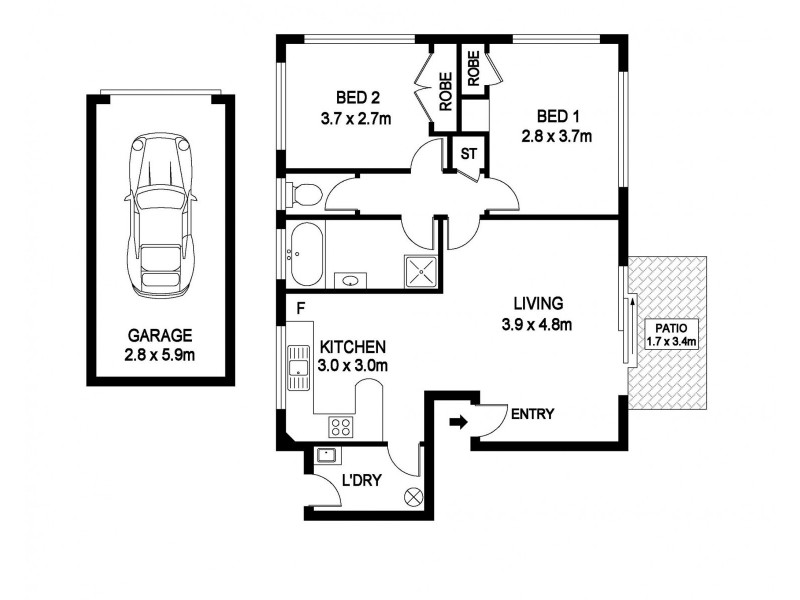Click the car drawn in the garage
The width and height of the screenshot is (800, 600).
point(160,214)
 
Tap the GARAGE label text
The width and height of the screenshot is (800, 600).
point(160,336)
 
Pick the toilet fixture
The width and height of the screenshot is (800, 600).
point(301,193)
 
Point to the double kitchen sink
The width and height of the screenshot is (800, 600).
point(297,366)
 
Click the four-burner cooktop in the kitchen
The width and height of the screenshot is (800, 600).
point(340,427)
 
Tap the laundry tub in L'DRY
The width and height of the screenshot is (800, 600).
point(327,457)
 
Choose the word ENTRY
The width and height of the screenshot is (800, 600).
point(532,414)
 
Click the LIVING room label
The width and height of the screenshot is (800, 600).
point(539,303)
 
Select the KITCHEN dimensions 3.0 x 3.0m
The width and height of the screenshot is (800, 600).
point(353,366)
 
